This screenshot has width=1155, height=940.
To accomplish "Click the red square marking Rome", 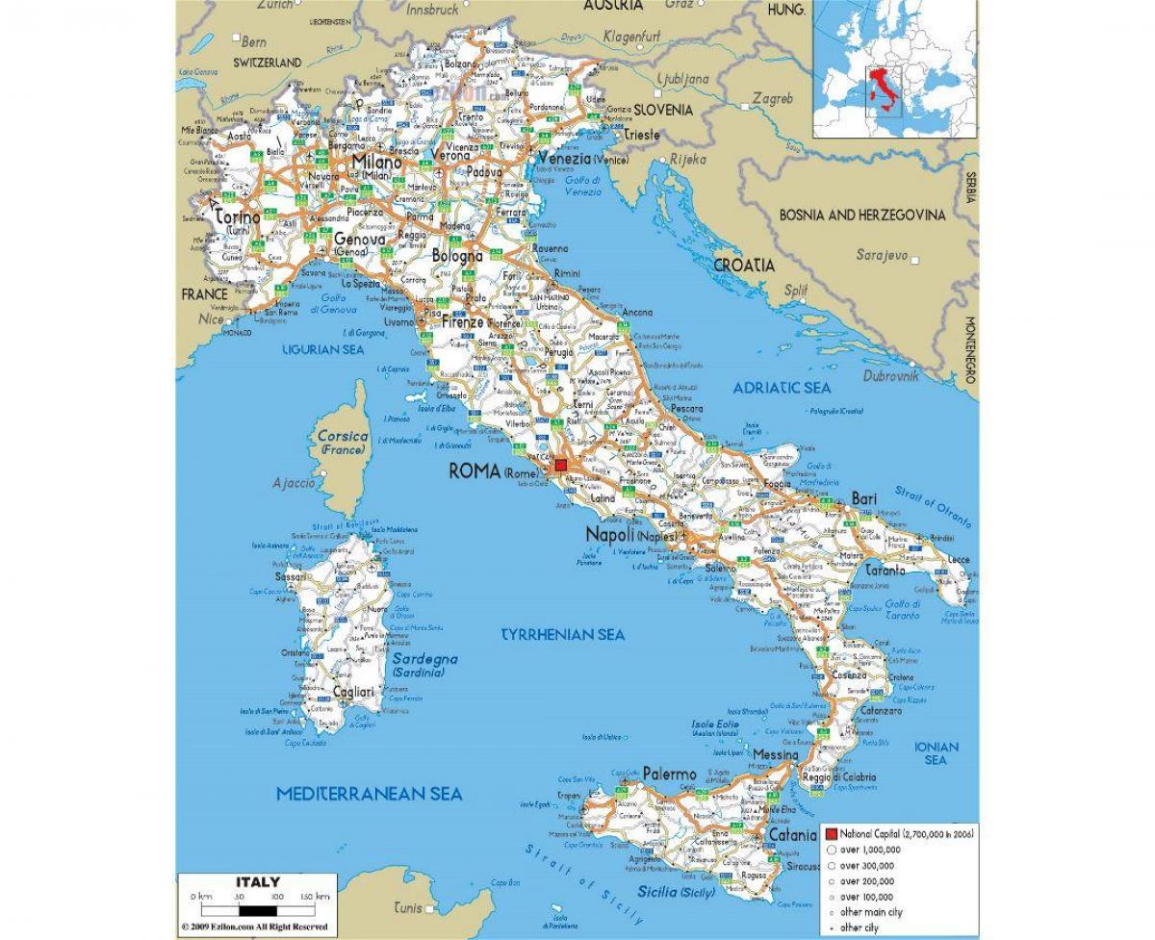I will [x=561, y=465].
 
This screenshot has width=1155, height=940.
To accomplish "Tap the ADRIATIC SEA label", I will [x=782, y=387].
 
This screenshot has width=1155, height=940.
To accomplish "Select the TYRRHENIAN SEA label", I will [x=563, y=634].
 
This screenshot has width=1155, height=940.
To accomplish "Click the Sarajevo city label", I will [x=883, y=255].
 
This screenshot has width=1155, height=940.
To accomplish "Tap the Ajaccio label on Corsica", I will [x=295, y=482].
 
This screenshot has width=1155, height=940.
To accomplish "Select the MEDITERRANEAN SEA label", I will [x=370, y=794].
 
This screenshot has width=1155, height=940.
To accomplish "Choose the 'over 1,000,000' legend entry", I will [x=869, y=851].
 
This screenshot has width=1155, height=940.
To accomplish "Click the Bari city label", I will [x=862, y=498].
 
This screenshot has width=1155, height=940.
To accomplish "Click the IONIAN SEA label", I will [x=937, y=753].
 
